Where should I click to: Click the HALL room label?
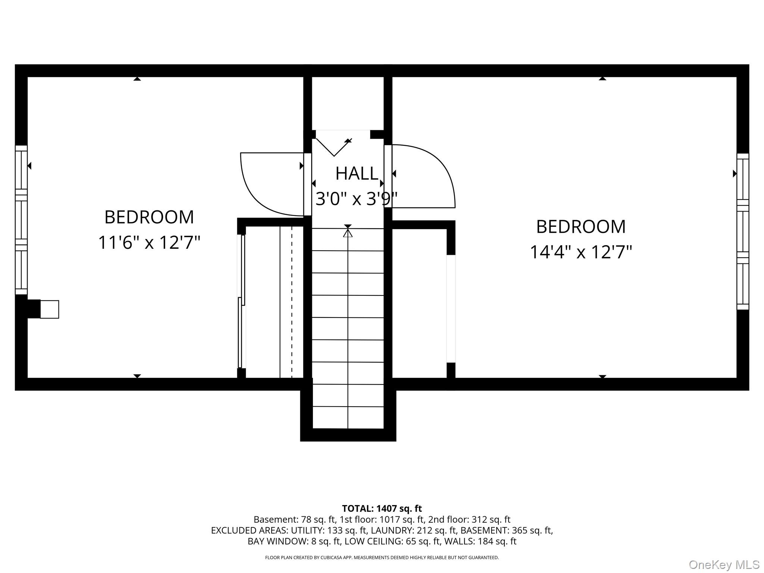pyautogui.click(x=357, y=173)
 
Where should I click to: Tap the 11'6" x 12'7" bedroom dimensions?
pyautogui.click(x=149, y=242)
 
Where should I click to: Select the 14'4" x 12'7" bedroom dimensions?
pyautogui.click(x=581, y=252)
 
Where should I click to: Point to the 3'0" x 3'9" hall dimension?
pyautogui.click(x=357, y=198)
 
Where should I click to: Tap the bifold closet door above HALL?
pyautogui.click(x=334, y=147)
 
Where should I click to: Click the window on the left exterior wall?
pyautogui.click(x=21, y=220)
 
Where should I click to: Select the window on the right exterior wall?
pyautogui.click(x=743, y=231)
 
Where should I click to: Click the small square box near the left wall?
pyautogui.click(x=49, y=309)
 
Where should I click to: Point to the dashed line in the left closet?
pyautogui.click(x=292, y=302)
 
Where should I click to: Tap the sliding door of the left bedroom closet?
pyautogui.click(x=241, y=301)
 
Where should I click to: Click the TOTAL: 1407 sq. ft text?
pyautogui.click(x=382, y=508)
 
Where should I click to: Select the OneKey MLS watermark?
pyautogui.click(x=724, y=565)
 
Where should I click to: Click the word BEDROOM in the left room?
pyautogui.click(x=149, y=217)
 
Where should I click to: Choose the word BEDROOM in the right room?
pyautogui.click(x=581, y=226)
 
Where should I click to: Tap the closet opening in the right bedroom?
pyautogui.click(x=451, y=309)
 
